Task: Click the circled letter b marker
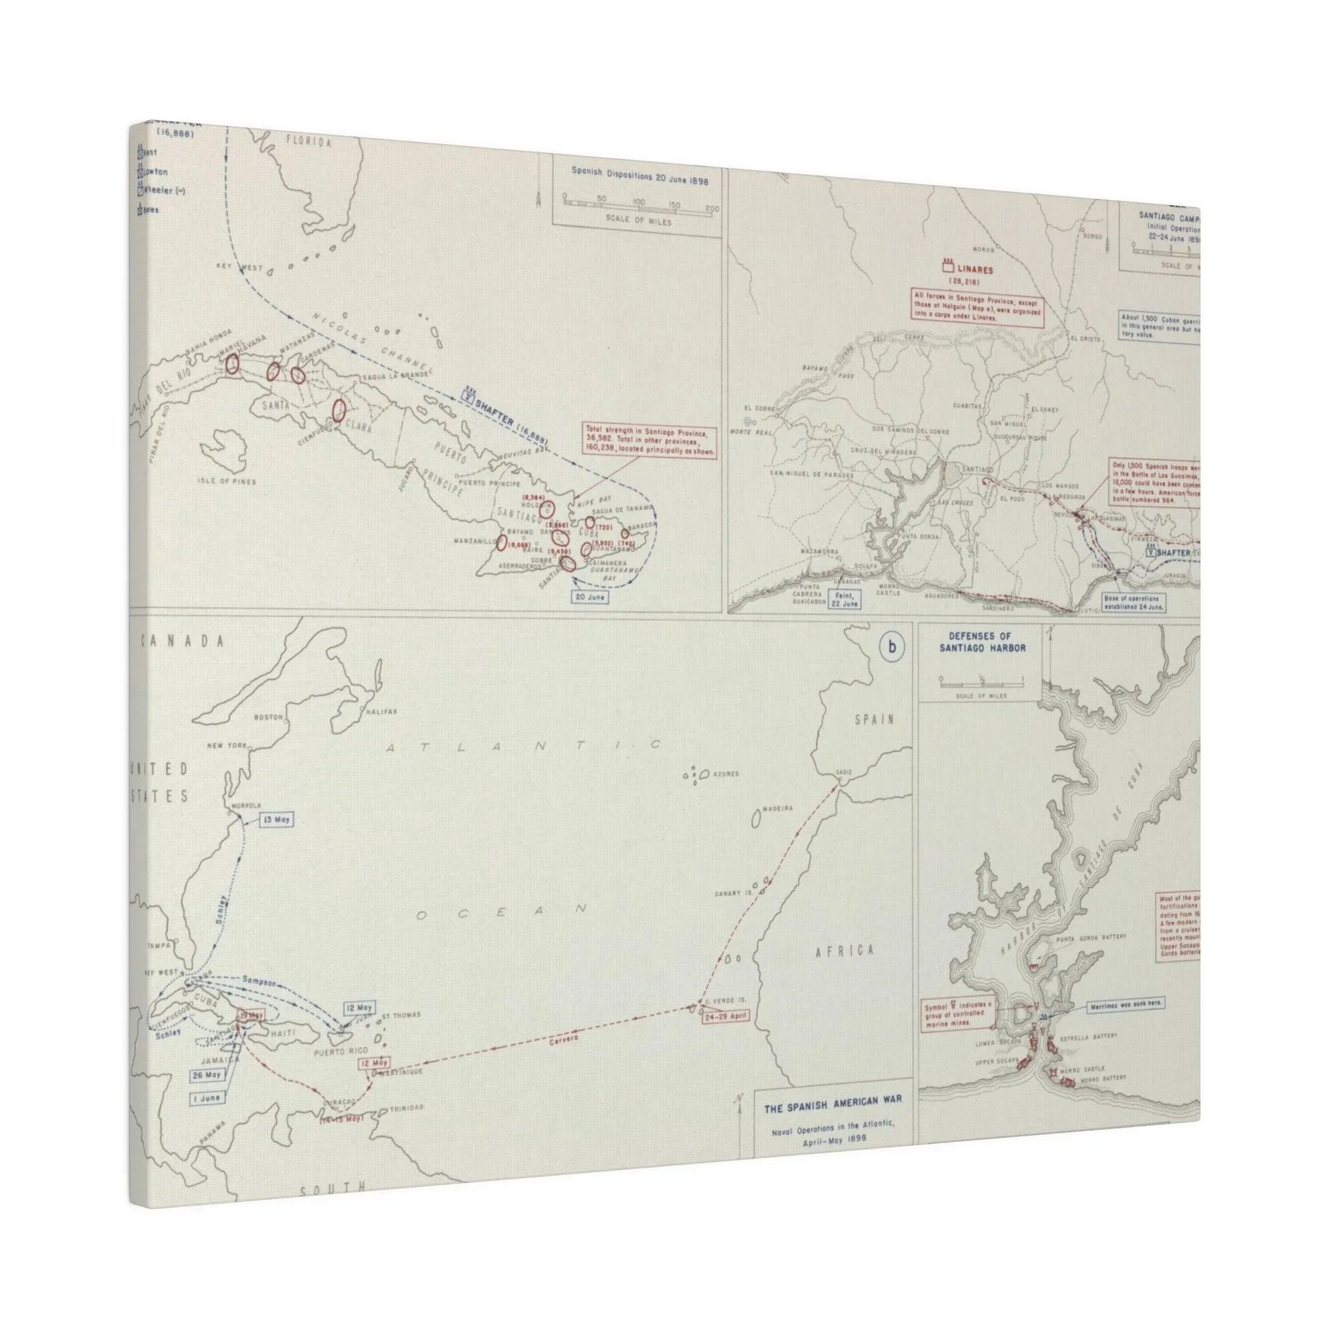pos(892,647)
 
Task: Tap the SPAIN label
pos(873,720)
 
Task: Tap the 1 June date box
pos(206,1098)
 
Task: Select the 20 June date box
pos(589,597)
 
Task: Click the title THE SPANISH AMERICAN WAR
pos(833,1119)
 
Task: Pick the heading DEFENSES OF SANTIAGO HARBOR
pos(980,643)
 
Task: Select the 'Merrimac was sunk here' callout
pos(1125,1004)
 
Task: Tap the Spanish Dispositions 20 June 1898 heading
pos(639,177)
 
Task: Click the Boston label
pos(268,717)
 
